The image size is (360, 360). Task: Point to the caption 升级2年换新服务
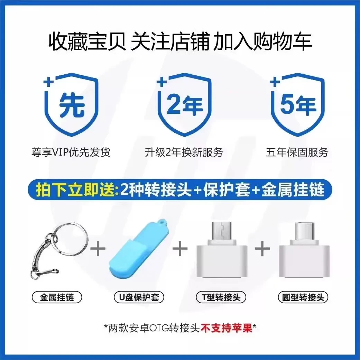pyautogui.click(x=184, y=152)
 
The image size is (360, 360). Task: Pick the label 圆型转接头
pyautogui.click(x=303, y=297)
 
